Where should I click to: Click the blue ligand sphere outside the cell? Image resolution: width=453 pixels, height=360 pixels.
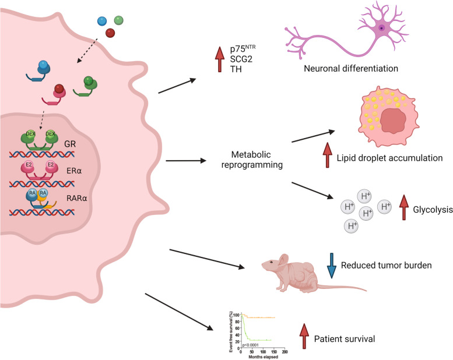[x=103, y=20]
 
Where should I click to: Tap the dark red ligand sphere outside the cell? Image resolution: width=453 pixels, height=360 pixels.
[x=110, y=34]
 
